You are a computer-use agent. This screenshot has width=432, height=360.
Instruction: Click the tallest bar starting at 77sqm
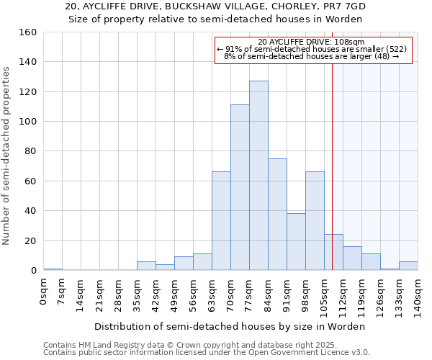coord(258,176)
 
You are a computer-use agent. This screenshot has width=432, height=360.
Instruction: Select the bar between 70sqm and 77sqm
coord(240,187)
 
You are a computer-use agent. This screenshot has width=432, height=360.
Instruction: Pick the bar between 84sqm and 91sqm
coord(277,215)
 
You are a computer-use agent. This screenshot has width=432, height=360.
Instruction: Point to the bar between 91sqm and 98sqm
coord(296,242)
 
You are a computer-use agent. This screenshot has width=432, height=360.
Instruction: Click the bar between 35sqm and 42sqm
coord(146,266)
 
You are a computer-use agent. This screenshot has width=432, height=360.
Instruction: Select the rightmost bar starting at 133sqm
coord(408,266)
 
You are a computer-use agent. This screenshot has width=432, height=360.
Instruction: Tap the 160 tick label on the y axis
coord(27,32)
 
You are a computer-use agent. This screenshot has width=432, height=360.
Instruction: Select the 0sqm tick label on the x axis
coord(43,291)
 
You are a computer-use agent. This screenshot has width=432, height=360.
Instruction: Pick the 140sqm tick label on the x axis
coord(418,295)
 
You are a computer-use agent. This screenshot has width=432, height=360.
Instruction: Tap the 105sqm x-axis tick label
coord(324,295)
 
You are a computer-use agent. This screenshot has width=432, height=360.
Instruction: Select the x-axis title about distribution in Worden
coord(230,326)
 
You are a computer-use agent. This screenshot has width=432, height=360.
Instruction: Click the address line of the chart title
coord(215,6)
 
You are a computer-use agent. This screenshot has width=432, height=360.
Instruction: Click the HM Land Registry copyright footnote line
coord(185,345)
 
